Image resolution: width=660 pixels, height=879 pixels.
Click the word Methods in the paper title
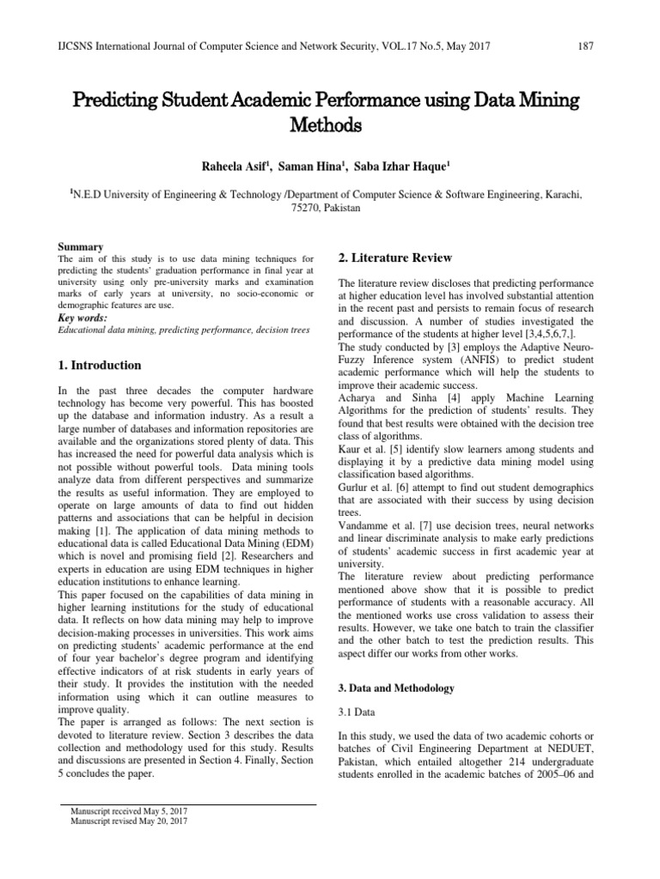coord(330,126)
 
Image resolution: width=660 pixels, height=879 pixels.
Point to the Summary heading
coord(80,247)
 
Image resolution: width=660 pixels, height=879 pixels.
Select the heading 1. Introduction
coord(98,365)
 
